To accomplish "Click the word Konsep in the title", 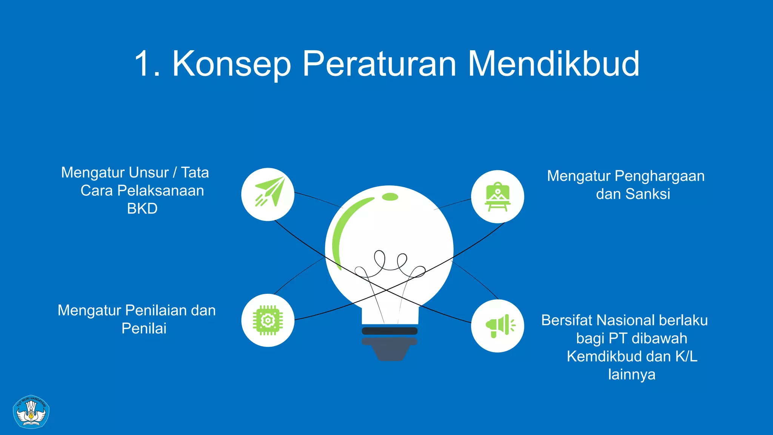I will click(231, 64).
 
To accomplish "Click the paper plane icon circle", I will click(268, 194).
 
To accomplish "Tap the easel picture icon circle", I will click(497, 197).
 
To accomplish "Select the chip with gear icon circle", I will click(268, 320).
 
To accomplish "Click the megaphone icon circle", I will click(497, 326).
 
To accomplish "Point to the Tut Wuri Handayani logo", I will click(31, 412).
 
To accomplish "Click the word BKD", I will click(142, 209).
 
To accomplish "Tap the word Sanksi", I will click(647, 194).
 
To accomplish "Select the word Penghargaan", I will click(659, 176).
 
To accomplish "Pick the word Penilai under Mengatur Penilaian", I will click(144, 329).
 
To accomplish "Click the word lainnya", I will click(631, 375).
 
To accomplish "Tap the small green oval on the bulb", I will click(390, 197).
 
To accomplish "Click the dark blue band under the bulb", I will click(390, 331).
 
